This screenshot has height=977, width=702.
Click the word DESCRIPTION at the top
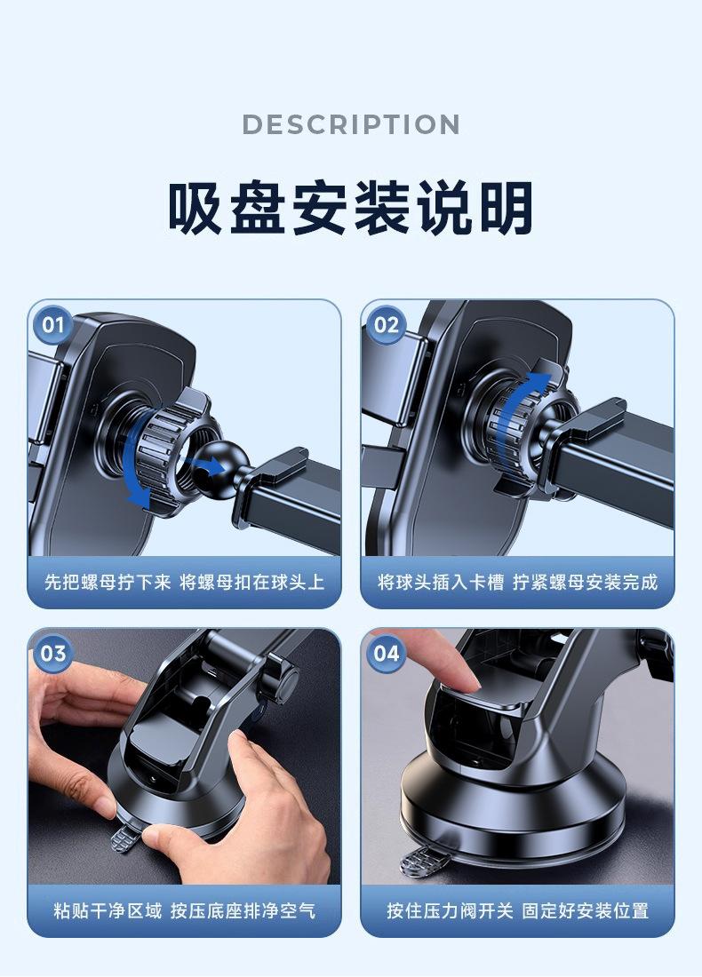tap(351, 124)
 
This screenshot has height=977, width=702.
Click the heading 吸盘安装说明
tap(351, 208)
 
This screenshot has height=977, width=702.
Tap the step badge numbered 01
tap(53, 324)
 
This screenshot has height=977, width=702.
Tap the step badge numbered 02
tap(386, 324)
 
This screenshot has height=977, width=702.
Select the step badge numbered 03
tap(53, 653)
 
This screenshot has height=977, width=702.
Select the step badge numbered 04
tap(386, 653)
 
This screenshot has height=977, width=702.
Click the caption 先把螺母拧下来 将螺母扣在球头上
tap(185, 582)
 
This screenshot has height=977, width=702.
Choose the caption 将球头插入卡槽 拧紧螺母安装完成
tap(517, 582)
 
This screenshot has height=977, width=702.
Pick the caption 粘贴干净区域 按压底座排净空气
tap(185, 910)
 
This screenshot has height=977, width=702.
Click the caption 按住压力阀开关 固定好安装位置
tap(517, 910)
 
